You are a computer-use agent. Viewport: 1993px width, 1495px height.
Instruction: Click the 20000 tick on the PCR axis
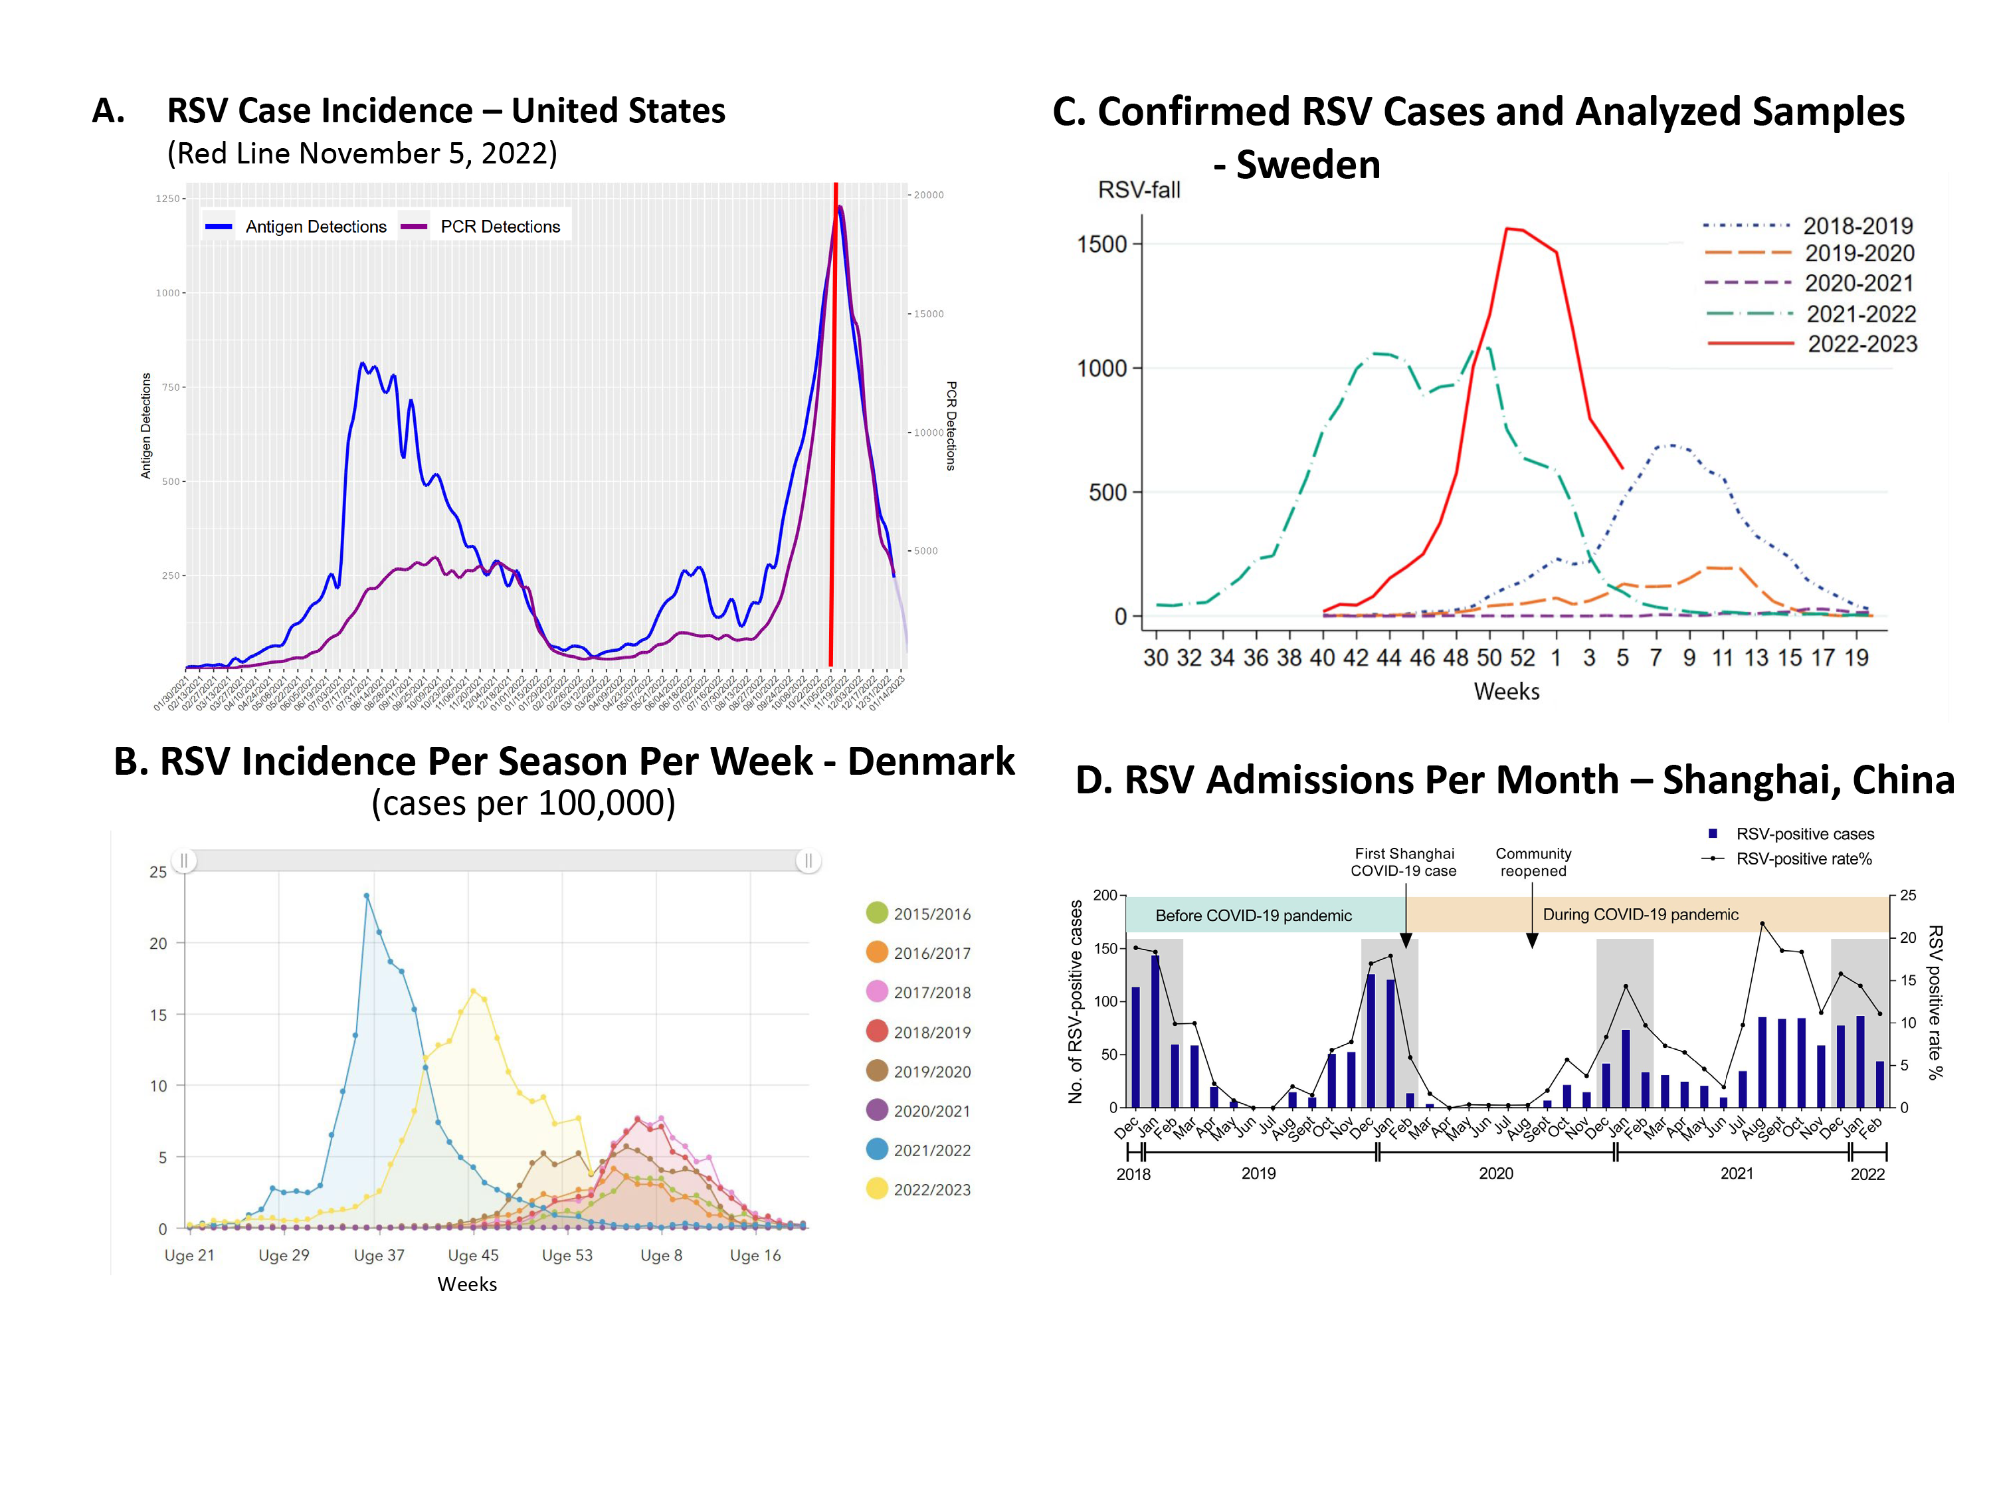(x=929, y=195)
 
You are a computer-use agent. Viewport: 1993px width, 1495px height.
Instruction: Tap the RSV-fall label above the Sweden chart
(x=1139, y=190)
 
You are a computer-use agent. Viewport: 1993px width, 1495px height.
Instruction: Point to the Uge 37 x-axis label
(x=379, y=1255)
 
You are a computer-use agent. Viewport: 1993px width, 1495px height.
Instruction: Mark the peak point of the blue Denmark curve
(x=367, y=896)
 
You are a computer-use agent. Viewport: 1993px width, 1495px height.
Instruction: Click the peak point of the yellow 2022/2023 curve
(x=474, y=991)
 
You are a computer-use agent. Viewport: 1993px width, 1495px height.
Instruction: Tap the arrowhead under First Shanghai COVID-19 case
(x=1406, y=941)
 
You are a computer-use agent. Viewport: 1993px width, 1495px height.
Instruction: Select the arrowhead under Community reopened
(x=1532, y=941)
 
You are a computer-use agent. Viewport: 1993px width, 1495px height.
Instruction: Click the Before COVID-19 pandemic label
(x=1254, y=916)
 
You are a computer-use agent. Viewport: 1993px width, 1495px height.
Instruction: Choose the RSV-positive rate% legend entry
(x=1803, y=858)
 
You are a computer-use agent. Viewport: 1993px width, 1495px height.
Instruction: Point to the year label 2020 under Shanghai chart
(x=1495, y=1173)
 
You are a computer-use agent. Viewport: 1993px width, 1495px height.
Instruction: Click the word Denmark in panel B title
(x=931, y=761)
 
